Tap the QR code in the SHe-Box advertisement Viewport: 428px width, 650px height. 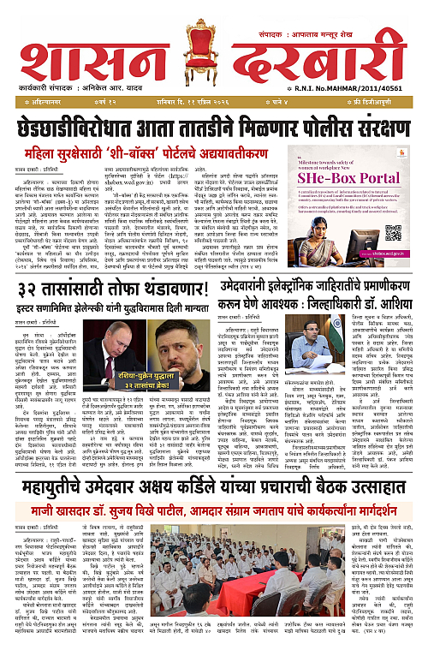point(393,234)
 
